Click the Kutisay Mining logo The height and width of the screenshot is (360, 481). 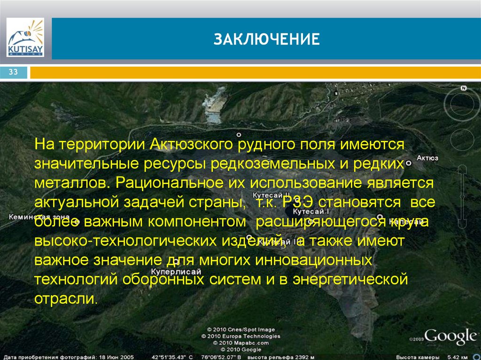click(x=25, y=38)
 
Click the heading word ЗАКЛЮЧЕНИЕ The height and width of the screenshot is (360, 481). click(x=267, y=39)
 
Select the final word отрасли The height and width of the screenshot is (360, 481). click(x=66, y=299)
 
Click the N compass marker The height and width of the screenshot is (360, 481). click(x=463, y=88)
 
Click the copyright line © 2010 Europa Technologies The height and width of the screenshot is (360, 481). click(x=241, y=336)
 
